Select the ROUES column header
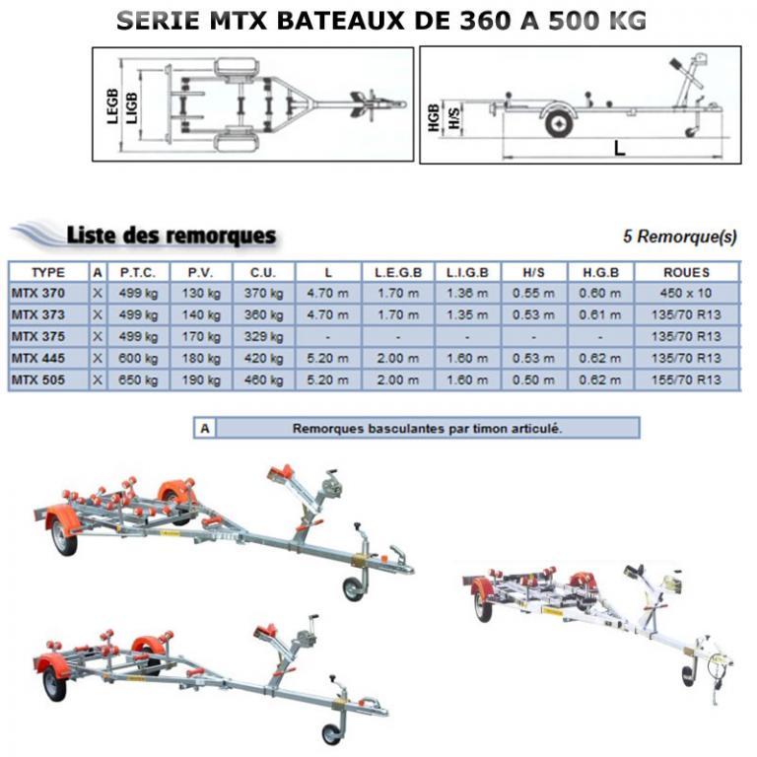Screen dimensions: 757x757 point(687,272)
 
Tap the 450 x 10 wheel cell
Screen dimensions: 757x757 point(687,293)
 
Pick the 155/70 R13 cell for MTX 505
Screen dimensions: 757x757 point(687,380)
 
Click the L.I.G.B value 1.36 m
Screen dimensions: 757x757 point(467,293)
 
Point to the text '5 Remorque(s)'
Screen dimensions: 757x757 point(680,237)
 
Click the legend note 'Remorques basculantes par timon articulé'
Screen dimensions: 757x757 point(426,429)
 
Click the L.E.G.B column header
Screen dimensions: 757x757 point(398,272)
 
